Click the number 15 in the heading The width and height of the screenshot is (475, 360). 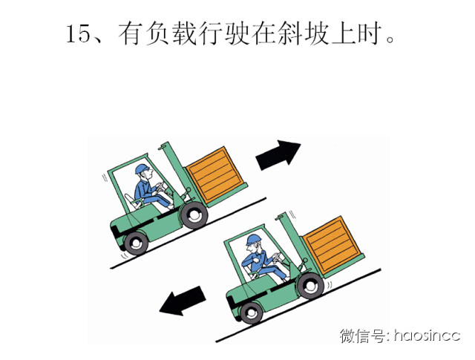click(78, 33)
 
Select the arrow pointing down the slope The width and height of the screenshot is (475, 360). click(183, 301)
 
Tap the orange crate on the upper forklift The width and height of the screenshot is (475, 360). click(216, 175)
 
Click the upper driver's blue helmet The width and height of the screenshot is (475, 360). click(142, 168)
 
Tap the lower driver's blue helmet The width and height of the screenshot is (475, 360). click(254, 240)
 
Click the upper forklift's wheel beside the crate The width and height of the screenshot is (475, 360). click(194, 215)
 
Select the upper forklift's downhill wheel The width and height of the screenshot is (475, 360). click(136, 243)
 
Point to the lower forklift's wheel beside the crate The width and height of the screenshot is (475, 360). click(310, 286)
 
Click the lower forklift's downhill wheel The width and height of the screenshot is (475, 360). click(251, 313)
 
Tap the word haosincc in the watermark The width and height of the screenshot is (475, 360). click(427, 336)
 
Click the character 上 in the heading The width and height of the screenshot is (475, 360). click(343, 33)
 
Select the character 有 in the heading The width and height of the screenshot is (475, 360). click(131, 33)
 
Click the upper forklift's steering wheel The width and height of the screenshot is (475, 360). click(160, 186)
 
